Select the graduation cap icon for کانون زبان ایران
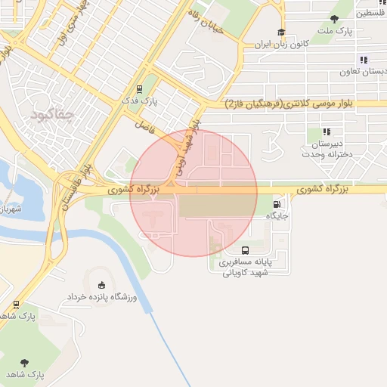click(281, 33)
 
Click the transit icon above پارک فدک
click(140, 88)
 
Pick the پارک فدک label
click(140, 100)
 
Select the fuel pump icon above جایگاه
click(278, 203)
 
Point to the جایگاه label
click(277, 215)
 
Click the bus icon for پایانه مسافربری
click(245, 250)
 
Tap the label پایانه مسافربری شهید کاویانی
click(244, 268)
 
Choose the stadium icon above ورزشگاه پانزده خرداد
click(102, 285)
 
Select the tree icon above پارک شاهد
click(24, 363)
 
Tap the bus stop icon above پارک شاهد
click(17, 304)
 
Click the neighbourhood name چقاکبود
click(52, 115)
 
